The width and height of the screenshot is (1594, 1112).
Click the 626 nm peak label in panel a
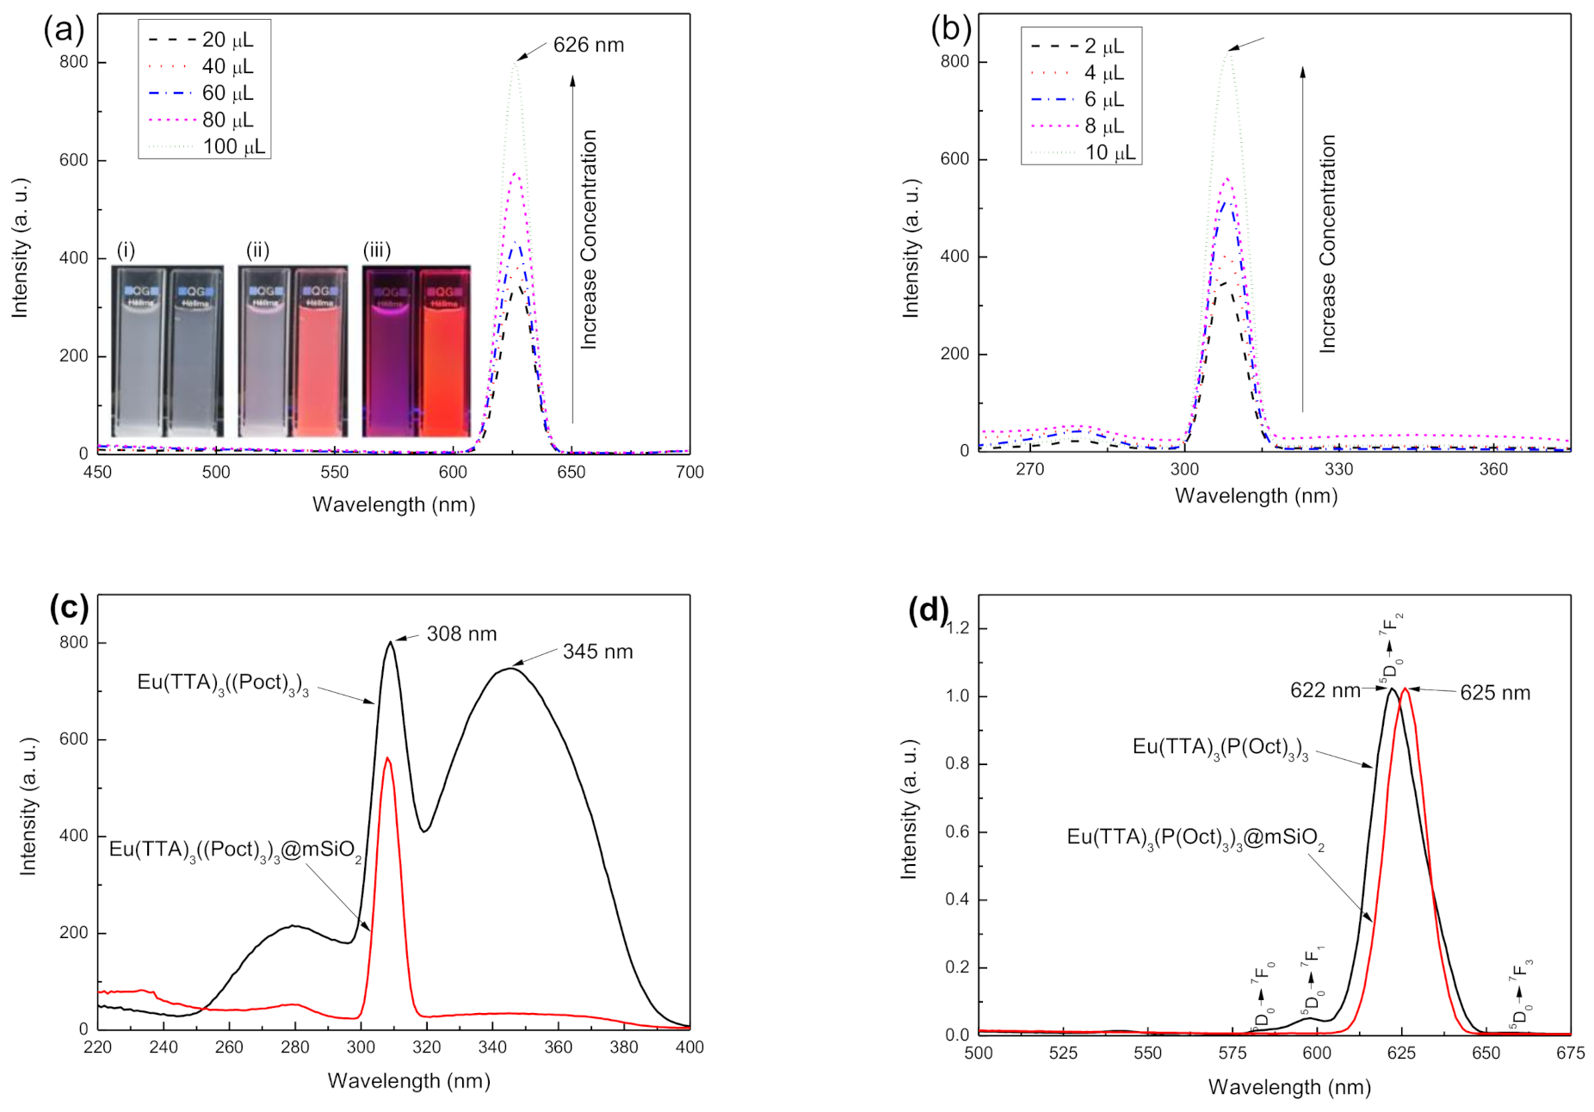tap(588, 45)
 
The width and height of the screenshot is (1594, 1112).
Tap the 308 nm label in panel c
tap(461, 634)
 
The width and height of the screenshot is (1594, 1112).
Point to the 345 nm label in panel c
tap(597, 652)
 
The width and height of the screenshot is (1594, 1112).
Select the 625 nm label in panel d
tap(1495, 693)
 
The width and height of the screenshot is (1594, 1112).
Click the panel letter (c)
tap(69, 608)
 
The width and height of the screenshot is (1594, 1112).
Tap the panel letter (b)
tap(950, 28)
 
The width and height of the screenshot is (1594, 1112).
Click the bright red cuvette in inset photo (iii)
tap(444, 353)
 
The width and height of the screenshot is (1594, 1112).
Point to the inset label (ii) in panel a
tap(257, 250)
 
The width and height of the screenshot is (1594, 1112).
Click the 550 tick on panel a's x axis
tap(334, 473)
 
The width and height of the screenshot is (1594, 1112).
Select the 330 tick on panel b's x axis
tap(1338, 469)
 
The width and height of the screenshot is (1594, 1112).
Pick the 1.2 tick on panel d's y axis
tap(956, 628)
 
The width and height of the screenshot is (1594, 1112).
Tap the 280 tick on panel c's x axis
tap(294, 1047)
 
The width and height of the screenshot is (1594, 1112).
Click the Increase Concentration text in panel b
tap(1328, 244)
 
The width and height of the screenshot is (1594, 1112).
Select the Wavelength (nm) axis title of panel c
tap(408, 1081)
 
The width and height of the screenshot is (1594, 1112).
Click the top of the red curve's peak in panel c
tap(387, 758)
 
